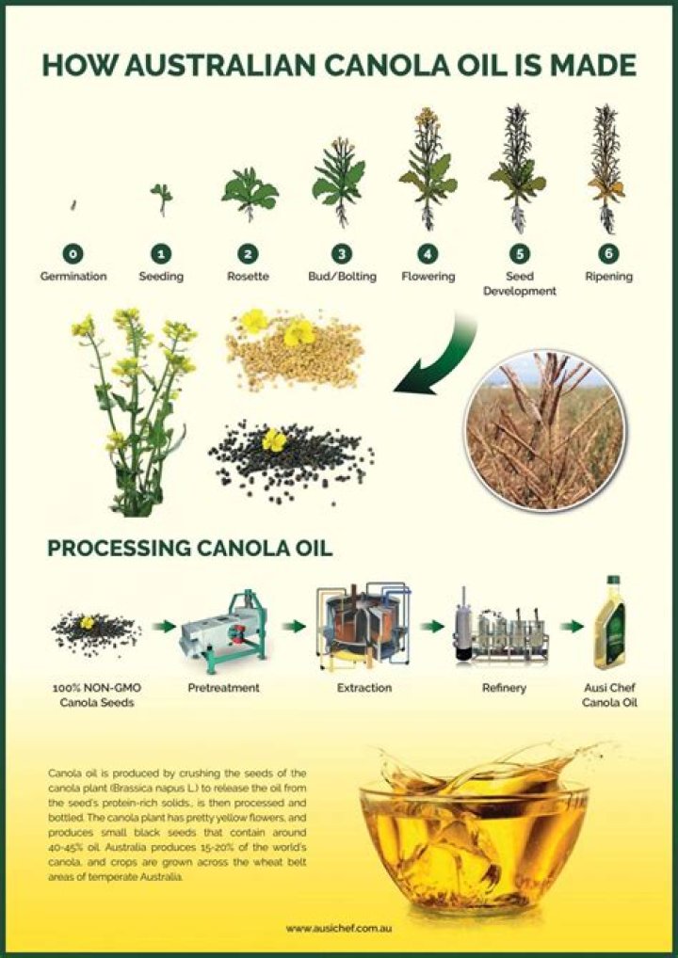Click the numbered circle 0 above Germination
pyautogui.click(x=73, y=253)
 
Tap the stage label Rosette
pyautogui.click(x=248, y=277)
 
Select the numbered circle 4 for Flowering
pyautogui.click(x=428, y=253)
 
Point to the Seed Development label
pyautogui.click(x=520, y=283)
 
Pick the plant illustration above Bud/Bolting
pyautogui.click(x=339, y=184)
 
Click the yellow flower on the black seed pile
pyautogui.click(x=274, y=439)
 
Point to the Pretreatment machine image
pyautogui.click(x=223, y=627)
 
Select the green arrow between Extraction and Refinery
pyautogui.click(x=432, y=626)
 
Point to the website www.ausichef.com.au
pyautogui.click(x=338, y=928)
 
